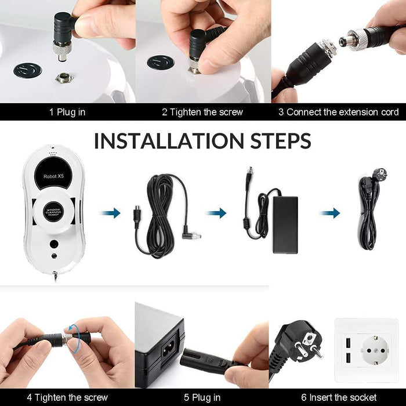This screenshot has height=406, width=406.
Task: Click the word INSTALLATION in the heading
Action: pos(169,141)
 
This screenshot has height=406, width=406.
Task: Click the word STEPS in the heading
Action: pos(281,141)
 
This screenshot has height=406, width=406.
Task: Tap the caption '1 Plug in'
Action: pos(67,112)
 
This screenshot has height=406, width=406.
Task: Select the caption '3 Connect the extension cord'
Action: pos(338,112)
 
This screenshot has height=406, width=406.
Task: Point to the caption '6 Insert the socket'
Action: pos(339,397)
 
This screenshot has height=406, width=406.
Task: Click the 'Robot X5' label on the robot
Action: pos(53,176)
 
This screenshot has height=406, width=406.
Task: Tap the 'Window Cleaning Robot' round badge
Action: pos(53,212)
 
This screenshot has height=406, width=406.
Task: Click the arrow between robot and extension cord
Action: pos(110,213)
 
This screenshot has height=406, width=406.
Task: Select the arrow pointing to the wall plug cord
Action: pos(329,213)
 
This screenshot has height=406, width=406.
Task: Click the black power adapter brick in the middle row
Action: pos(285,225)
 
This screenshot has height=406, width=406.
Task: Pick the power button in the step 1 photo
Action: pos(28,70)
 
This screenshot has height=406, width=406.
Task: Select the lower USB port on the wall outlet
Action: pos(348,358)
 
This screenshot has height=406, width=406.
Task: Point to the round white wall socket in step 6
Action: pos(375,350)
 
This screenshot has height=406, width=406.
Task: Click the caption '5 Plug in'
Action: pos(202,397)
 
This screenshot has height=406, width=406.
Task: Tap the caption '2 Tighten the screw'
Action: pos(202,112)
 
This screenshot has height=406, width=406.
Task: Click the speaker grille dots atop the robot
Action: pos(53,153)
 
